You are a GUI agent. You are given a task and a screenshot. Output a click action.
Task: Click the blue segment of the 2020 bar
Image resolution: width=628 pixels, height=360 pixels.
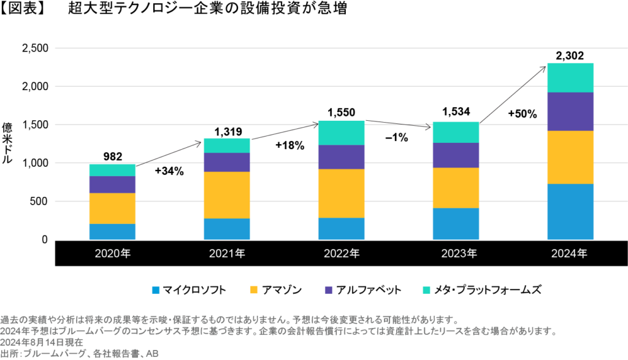(112, 231)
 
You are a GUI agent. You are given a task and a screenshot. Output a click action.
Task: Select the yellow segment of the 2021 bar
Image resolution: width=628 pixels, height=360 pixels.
(227, 195)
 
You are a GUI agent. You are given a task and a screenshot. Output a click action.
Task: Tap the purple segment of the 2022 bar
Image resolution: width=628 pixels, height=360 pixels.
(341, 157)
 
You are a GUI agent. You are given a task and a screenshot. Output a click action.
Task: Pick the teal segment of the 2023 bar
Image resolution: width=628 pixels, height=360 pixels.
(456, 132)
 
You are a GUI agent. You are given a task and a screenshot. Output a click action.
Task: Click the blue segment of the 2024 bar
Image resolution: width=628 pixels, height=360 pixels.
(570, 212)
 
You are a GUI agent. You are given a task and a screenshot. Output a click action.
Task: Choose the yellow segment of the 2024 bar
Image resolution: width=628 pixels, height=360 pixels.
(570, 157)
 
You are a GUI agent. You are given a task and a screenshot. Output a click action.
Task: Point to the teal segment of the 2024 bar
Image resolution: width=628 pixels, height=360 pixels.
(570, 77)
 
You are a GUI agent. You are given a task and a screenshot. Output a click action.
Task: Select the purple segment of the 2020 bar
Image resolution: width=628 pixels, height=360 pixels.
(112, 185)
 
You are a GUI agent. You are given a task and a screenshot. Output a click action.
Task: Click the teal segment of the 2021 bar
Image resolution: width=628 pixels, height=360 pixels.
(227, 145)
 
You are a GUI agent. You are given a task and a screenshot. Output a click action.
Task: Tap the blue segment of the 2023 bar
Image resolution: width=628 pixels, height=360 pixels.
(456, 223)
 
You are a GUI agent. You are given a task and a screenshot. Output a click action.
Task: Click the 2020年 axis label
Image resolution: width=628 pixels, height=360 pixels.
(113, 253)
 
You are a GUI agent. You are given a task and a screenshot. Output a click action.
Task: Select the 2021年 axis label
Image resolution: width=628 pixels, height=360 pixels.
(227, 253)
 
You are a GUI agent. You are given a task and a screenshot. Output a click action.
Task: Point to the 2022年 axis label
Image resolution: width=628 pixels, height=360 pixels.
(341, 253)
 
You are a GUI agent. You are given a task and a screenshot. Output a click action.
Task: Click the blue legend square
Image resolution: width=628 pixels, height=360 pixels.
(156, 290)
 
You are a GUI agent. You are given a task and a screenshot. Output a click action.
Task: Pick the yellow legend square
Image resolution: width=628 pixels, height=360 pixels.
(253, 290)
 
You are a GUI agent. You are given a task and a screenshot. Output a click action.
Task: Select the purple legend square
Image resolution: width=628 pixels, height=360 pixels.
(329, 290)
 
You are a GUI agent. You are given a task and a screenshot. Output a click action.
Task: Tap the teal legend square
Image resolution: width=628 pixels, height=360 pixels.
(426, 290)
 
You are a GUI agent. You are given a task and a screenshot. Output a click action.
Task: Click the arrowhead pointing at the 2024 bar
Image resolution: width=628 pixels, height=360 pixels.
(543, 67)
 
